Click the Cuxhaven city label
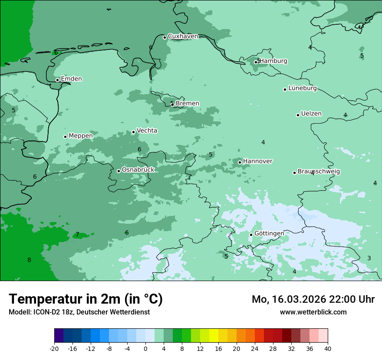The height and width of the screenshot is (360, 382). point(183,36)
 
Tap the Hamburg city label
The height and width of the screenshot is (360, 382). point(273,61)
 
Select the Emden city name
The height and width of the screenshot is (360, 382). point(71,79)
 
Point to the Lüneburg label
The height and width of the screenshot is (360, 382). point(302,88)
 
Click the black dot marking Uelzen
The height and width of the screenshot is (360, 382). point(298,115)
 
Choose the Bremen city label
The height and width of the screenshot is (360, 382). point(187,104)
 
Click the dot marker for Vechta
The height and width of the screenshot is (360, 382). point(133,132)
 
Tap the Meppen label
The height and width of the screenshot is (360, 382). point(81,136)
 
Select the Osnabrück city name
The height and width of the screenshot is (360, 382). point(138,170)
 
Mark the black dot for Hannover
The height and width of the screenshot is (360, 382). point(240,162)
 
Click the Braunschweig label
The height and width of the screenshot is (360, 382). point(319,172)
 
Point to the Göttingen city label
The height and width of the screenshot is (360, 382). point(269,233)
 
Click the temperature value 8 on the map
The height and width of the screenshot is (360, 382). point(29,260)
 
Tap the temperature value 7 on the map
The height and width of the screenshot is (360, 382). point(78,235)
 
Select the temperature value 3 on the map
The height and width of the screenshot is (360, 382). point(369,259)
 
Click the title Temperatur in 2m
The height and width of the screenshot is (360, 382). point(86,299)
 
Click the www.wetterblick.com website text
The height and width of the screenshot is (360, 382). point(313,312)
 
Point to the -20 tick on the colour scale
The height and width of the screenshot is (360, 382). point(54,349)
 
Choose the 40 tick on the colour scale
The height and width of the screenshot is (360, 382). point(327,349)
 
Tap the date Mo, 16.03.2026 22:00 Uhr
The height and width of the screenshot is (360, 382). point(313,299)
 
